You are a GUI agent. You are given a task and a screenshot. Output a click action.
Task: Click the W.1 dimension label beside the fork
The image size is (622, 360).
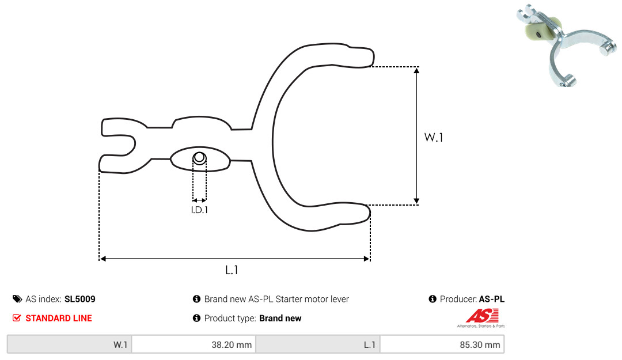point(434,137)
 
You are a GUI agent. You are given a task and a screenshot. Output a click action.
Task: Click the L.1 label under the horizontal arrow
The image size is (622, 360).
point(232,270)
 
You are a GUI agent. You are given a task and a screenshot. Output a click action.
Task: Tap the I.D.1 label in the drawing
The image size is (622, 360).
point(199,210)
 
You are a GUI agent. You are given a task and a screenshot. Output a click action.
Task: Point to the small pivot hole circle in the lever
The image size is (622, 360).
point(199,158)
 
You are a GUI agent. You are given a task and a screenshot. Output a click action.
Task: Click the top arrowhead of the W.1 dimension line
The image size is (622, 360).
point(416,71)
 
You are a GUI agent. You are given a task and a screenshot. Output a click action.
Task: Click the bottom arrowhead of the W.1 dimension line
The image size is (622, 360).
point(416,201)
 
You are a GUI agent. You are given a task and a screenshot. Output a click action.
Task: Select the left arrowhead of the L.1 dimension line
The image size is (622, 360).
point(103,259)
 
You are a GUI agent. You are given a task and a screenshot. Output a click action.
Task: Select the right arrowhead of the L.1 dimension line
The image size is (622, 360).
point(366,259)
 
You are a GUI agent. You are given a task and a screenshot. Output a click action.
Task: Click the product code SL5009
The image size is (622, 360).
point(79,299)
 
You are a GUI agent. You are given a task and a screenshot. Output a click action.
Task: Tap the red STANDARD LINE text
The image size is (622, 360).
point(59,318)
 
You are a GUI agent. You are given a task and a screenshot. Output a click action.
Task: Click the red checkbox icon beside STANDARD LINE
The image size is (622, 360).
point(17,317)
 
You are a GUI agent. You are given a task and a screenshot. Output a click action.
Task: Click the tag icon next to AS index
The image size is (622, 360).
point(17,299)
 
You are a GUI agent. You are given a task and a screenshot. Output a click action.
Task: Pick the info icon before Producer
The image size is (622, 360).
point(433,299)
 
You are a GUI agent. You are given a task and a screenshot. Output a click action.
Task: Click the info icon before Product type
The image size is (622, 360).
point(196,318)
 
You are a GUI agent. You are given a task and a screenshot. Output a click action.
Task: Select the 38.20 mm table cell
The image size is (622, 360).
point(194,344)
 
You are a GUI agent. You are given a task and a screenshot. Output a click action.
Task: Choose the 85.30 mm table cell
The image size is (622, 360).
point(442,344)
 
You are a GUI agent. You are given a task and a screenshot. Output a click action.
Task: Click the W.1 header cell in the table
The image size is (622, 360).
point(70,344)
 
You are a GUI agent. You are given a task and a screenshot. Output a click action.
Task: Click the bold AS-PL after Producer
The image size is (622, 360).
point(491,299)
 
